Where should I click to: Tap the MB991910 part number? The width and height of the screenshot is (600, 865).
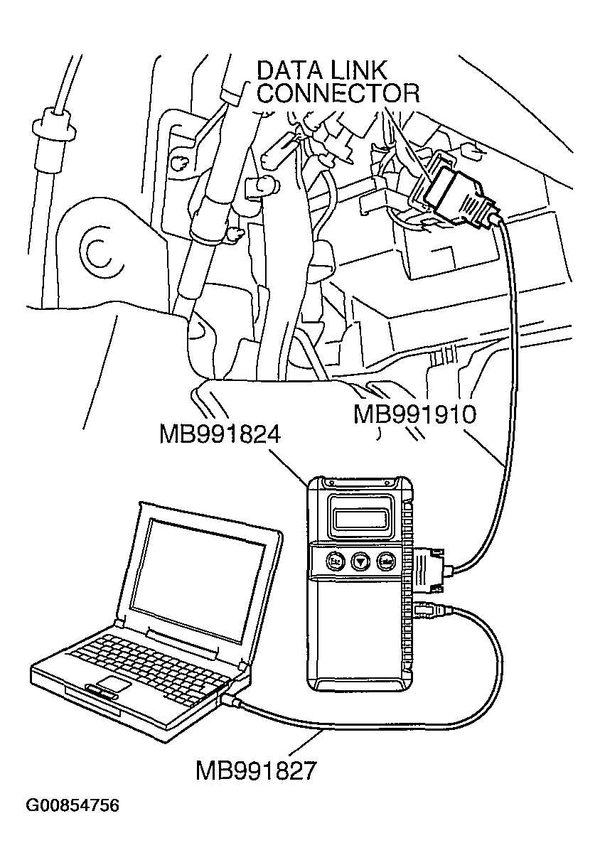tap(414, 414)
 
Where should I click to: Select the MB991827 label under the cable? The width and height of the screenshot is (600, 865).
tap(256, 770)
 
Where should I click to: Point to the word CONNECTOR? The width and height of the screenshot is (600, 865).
tap(337, 95)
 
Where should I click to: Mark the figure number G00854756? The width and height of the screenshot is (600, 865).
tap(73, 806)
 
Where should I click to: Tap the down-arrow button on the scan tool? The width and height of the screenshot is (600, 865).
tap(361, 561)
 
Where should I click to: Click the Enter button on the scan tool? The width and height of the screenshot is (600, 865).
tap(387, 561)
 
